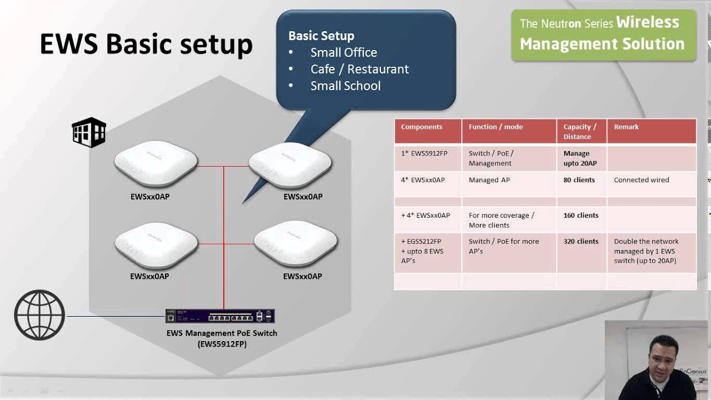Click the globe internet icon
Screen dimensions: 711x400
pos(39,315)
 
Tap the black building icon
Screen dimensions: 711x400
pos(89,132)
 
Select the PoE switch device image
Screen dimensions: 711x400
pos(220,316)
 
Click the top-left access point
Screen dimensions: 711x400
pos(156,163)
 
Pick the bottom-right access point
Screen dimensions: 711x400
pos(296,243)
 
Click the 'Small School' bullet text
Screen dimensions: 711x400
pos(346,86)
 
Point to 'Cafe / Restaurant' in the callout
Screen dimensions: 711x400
pos(359,69)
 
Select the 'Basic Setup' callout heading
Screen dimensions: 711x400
pos(321,36)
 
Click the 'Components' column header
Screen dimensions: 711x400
pos(422,127)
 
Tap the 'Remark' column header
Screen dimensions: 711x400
pos(626,127)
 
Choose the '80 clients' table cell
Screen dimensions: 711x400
pos(579,179)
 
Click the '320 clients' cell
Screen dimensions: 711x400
pos(581,241)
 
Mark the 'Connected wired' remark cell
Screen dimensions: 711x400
pos(642,179)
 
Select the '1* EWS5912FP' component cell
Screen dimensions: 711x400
pos(424,153)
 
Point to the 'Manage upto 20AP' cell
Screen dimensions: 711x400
pos(580,158)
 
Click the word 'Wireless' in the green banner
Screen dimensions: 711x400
pos(648,22)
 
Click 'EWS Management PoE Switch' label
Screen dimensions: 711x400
pos(222,333)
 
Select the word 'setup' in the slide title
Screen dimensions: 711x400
pos(216,44)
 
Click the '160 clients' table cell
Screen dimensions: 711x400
pos(581,215)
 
